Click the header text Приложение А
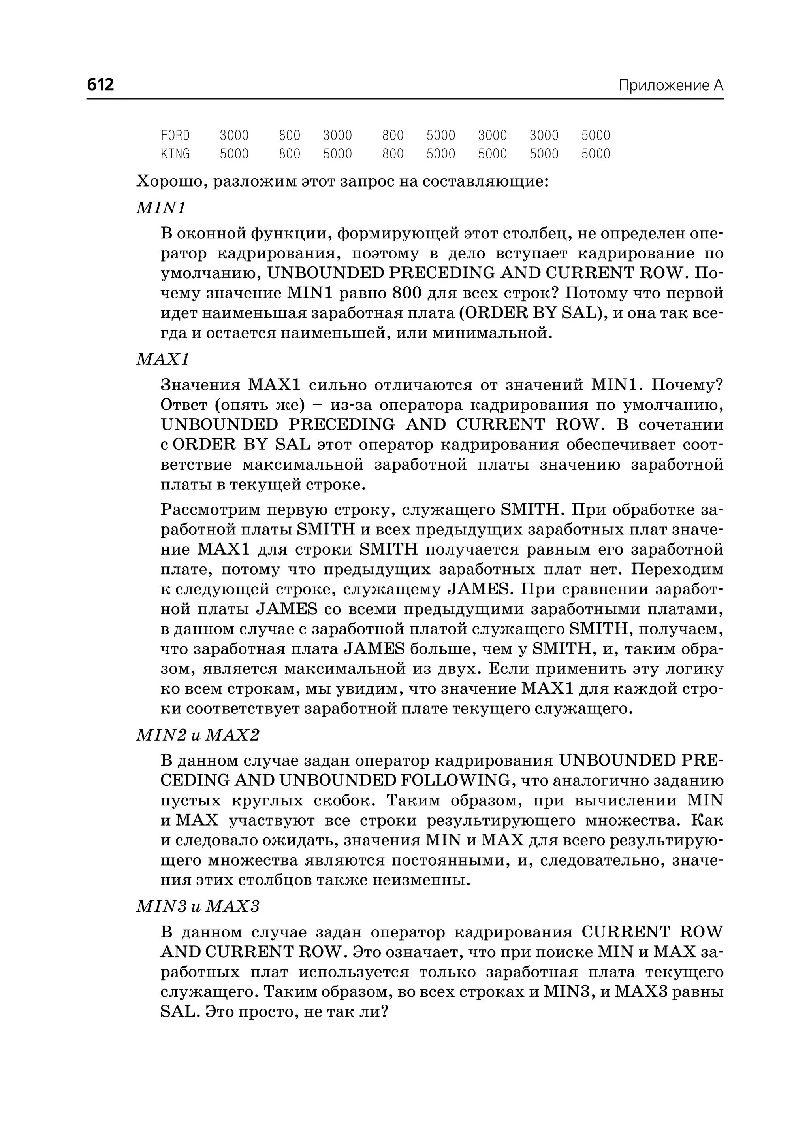pyautogui.click(x=670, y=86)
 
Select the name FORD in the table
pyautogui.click(x=175, y=136)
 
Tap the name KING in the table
pyautogui.click(x=175, y=154)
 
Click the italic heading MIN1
pyautogui.click(x=161, y=207)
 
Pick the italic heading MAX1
pyautogui.click(x=163, y=359)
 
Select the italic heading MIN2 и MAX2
pyautogui.click(x=198, y=735)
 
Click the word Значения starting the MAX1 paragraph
pyautogui.click(x=200, y=385)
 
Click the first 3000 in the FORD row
pyautogui.click(x=234, y=136)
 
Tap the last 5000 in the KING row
pyautogui.click(x=595, y=154)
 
